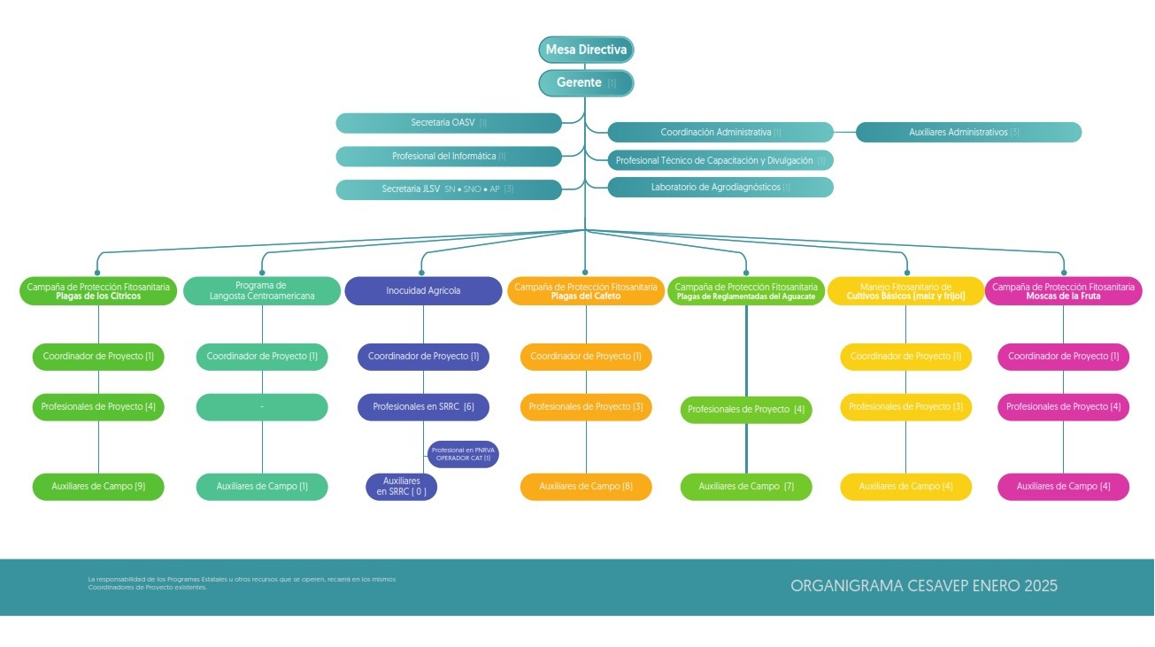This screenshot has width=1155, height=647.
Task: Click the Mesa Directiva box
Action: click(586, 50)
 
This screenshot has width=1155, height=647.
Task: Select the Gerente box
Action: click(586, 82)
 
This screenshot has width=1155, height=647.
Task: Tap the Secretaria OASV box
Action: click(449, 123)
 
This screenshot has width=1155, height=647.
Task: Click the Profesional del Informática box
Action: click(449, 157)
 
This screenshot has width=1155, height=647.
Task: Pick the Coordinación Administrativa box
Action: click(720, 132)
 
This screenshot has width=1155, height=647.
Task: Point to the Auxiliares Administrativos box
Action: click(968, 132)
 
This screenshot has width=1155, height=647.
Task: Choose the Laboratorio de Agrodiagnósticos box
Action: click(720, 188)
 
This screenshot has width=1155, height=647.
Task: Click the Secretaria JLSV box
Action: click(449, 189)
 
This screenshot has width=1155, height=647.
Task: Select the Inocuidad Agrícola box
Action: click(423, 290)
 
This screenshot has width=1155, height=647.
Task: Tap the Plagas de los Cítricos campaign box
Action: click(98, 291)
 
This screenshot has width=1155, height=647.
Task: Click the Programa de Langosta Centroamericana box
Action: click(262, 290)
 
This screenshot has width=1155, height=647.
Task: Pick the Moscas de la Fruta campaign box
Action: click(1063, 291)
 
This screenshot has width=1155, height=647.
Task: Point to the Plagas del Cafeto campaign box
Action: click(586, 291)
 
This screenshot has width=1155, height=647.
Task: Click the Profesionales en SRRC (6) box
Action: click(423, 407)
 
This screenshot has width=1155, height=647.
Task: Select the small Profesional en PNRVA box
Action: click(463, 454)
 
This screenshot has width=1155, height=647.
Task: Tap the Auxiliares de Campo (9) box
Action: click(98, 487)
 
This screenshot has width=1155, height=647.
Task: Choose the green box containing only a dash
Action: click(262, 407)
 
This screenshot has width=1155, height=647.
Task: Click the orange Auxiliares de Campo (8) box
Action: click(586, 487)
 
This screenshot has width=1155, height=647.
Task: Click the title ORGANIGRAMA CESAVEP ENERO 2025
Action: click(924, 586)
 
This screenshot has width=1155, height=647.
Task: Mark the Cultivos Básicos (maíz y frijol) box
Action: click(905, 291)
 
